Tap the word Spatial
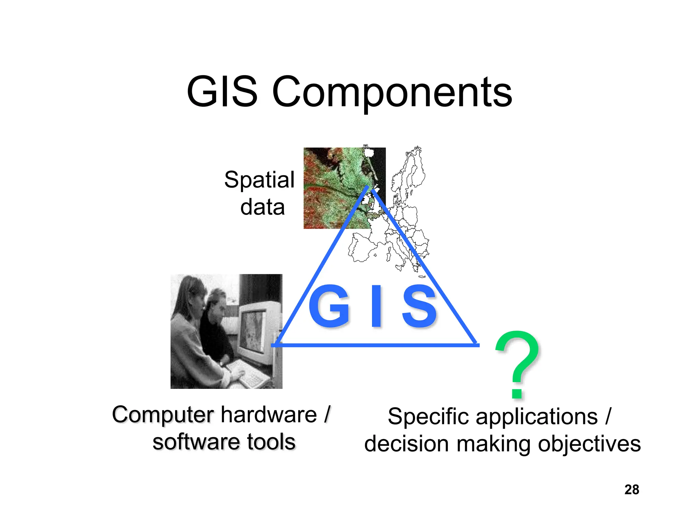pos(259,180)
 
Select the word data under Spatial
pos(262,207)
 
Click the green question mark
pos(517,363)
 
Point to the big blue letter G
pos(329,306)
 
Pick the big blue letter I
pos(376,306)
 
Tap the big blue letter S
pos(419,306)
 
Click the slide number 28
pos(631,490)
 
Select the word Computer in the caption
pos(163,415)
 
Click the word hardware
pos(269,415)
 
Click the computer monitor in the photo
pos(254,327)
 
